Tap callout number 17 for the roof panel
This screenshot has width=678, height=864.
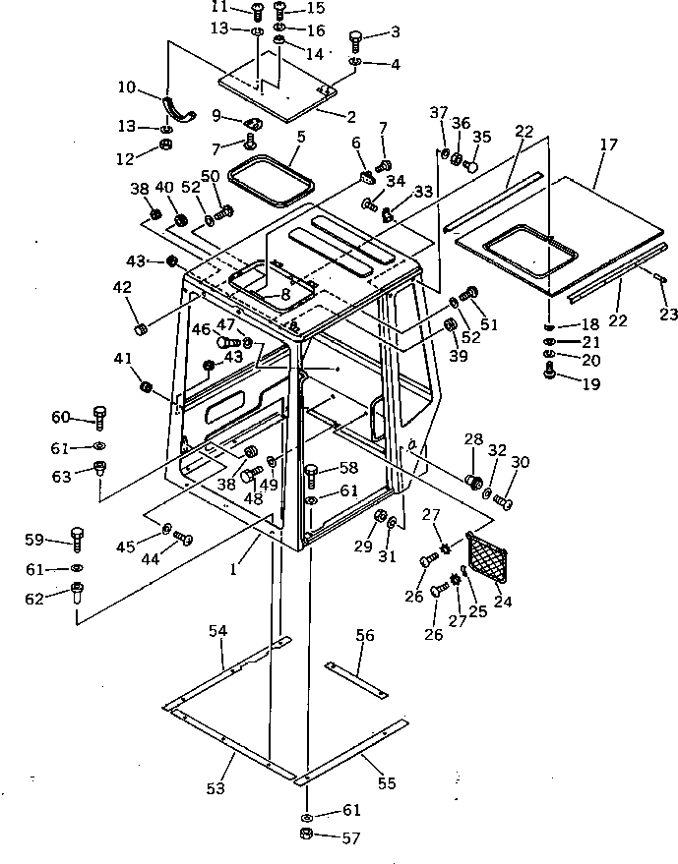pos(608,144)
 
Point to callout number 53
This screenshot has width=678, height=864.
pos(215,789)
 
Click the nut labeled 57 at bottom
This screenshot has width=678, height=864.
pos(306,835)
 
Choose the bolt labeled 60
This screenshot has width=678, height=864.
pos(98,420)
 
